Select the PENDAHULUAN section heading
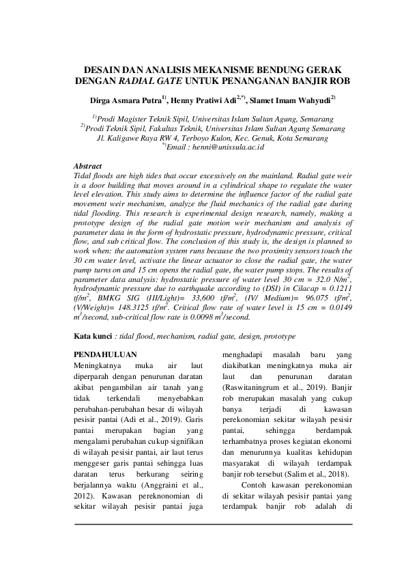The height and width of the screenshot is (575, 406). pos(104,354)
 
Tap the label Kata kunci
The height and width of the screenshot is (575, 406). pos(92,337)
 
